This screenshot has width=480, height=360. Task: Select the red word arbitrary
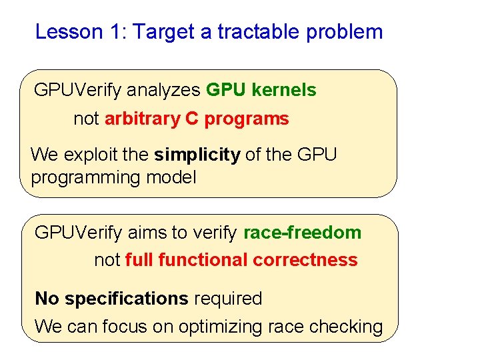[142, 119]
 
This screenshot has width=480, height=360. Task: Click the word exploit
[91, 155]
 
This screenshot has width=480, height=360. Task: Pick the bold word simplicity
[197, 155]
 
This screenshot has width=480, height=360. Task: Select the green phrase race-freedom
[302, 233]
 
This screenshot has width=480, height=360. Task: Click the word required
[228, 299]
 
